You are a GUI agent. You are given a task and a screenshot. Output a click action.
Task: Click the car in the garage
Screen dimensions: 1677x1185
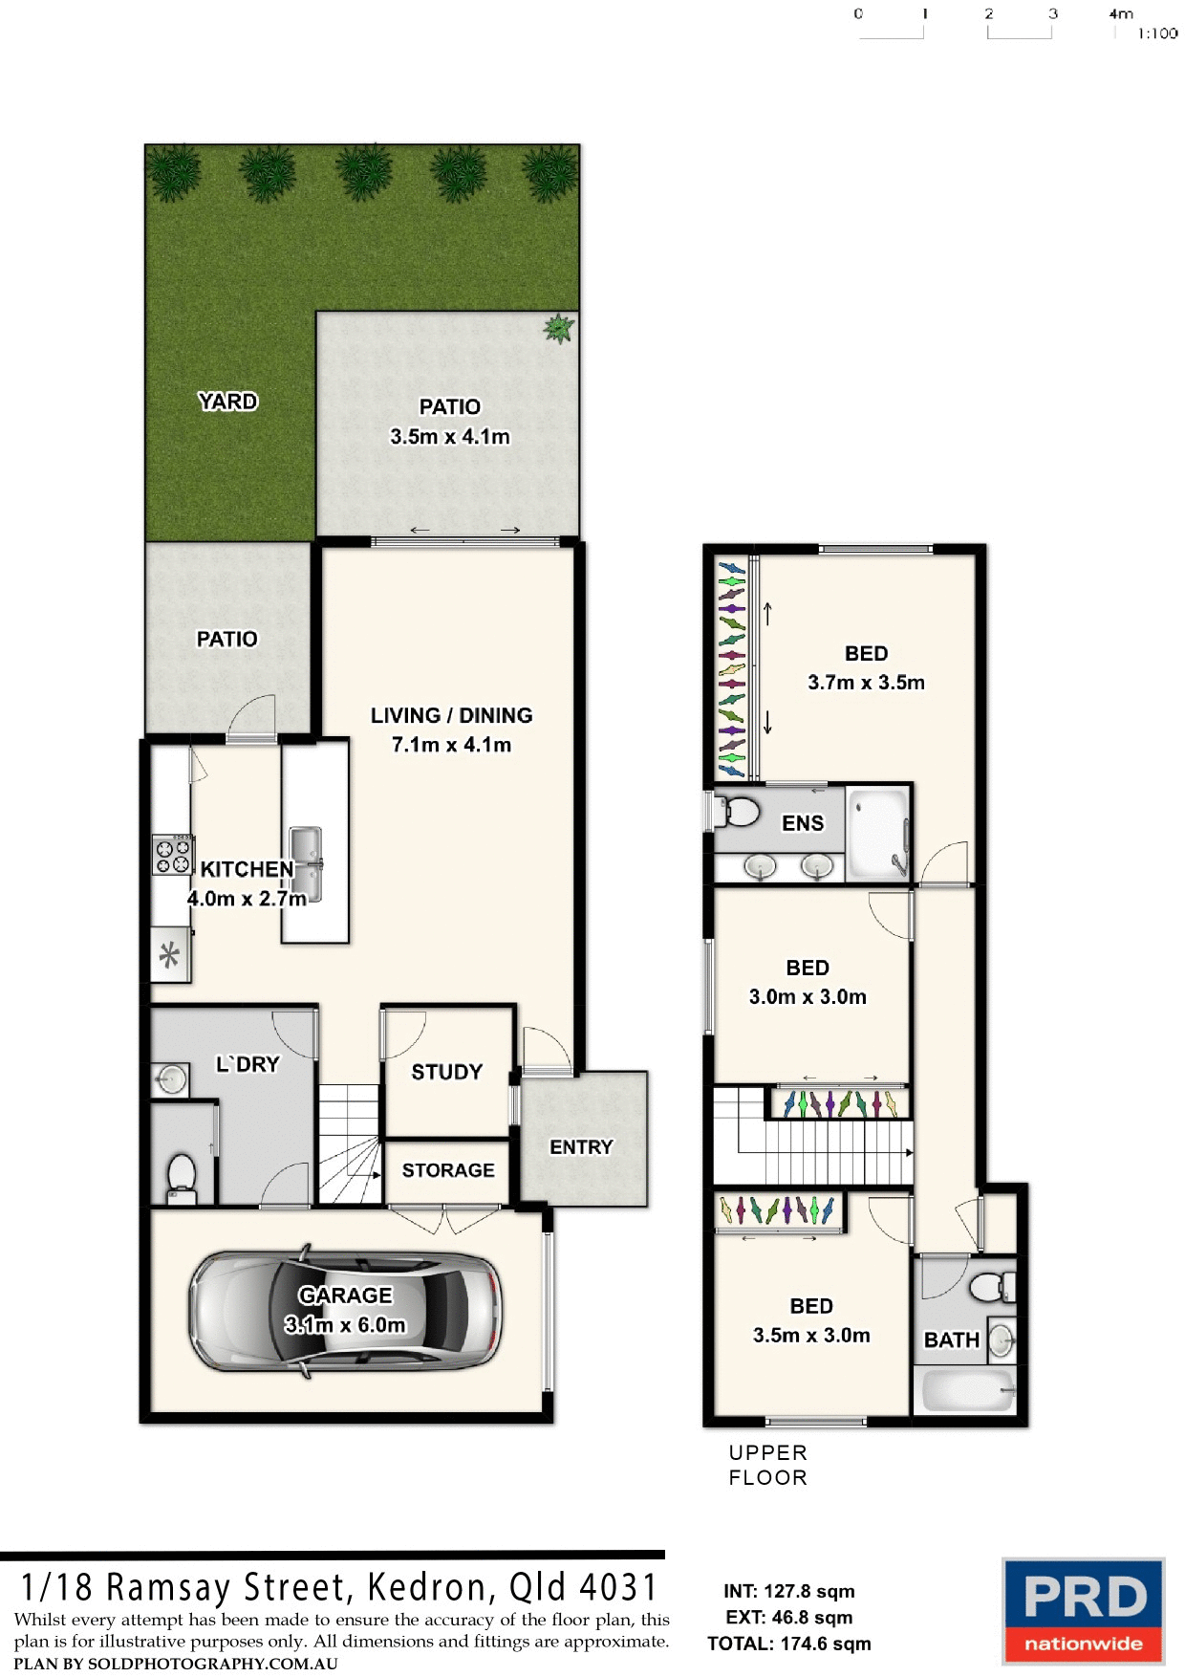click(346, 1311)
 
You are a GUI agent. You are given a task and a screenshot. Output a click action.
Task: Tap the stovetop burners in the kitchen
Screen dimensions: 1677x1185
click(173, 855)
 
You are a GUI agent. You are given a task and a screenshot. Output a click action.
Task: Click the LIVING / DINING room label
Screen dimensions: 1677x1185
click(451, 715)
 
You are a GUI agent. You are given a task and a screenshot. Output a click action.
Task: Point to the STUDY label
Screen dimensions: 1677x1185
click(446, 1072)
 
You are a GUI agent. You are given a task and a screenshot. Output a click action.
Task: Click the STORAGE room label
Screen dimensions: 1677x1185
click(447, 1170)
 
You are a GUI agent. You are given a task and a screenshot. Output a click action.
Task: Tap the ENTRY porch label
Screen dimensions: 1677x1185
click(581, 1146)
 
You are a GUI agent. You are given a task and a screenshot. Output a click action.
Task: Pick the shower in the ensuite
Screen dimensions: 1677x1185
click(877, 831)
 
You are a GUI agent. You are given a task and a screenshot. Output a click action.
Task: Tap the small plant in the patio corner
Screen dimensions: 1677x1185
click(558, 329)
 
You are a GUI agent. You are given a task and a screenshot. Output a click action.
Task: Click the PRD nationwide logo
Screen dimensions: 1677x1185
click(1083, 1610)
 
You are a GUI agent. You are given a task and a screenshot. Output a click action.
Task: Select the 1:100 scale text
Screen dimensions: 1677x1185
click(1157, 33)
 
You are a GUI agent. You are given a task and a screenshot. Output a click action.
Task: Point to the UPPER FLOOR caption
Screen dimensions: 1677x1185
click(767, 1465)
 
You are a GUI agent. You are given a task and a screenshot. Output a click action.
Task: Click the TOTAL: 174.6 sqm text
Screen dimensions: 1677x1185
click(788, 1644)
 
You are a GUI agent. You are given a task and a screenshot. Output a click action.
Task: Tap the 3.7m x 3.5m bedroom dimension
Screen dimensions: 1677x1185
click(866, 683)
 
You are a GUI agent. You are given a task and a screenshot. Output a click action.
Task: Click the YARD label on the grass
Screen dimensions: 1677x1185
click(227, 402)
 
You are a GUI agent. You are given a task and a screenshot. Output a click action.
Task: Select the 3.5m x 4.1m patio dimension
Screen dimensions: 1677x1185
click(449, 437)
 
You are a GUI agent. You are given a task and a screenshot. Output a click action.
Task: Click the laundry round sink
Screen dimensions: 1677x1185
click(170, 1080)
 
